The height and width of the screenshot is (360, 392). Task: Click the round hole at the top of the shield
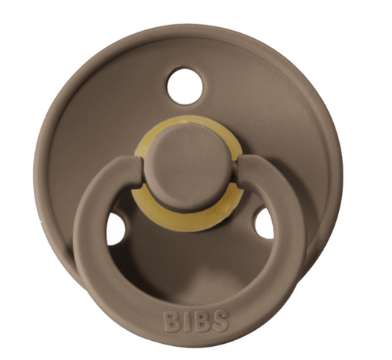pyautogui.click(x=185, y=86)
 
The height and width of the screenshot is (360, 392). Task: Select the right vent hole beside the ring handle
pyautogui.click(x=264, y=223)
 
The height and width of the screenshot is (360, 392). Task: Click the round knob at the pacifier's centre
pyautogui.click(x=189, y=167)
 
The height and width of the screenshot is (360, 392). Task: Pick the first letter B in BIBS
pyautogui.click(x=172, y=320)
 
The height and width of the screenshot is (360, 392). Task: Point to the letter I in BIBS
pyautogui.click(x=187, y=320)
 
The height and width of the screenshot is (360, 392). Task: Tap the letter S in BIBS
pyautogui.click(x=220, y=320)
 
